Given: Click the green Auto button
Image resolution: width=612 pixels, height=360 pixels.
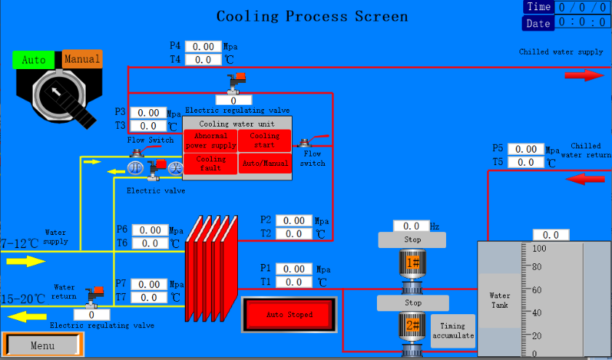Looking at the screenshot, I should click(x=33, y=60).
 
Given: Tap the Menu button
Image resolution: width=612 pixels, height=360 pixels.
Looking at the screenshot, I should click(x=42, y=345).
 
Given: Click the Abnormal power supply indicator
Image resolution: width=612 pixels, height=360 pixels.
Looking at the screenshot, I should click(x=210, y=140).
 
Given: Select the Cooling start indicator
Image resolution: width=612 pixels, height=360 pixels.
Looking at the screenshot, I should click(x=265, y=140).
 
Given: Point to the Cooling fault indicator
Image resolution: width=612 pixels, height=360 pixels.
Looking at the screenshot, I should click(x=210, y=163).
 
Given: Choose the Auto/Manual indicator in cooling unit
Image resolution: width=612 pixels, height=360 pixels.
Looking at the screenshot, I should click(x=265, y=164).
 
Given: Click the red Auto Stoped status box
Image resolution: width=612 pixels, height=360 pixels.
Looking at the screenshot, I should click(x=289, y=314).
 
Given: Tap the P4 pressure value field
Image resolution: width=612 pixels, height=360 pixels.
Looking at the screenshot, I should click(x=203, y=47).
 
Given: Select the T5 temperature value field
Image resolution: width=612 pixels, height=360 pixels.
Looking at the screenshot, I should click(x=526, y=162).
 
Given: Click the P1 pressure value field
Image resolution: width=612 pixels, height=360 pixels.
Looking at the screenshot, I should click(x=294, y=269).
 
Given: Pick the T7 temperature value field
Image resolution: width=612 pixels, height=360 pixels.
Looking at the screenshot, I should click(x=150, y=297).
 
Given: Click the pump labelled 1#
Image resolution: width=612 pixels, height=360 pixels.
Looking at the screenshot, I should click(x=413, y=263).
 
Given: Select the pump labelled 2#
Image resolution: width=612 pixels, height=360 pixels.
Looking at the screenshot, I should click(x=413, y=325).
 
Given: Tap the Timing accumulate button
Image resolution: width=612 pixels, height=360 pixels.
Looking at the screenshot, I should click(x=453, y=331).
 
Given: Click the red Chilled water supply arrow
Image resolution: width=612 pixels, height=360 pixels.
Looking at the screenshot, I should click(x=584, y=75).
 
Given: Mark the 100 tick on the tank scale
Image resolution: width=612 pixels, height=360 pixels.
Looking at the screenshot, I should click(x=539, y=248).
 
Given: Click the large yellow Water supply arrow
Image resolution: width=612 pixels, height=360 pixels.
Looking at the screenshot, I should click(x=26, y=261).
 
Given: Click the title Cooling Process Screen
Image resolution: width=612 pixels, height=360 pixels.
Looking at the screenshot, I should click(x=312, y=16).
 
